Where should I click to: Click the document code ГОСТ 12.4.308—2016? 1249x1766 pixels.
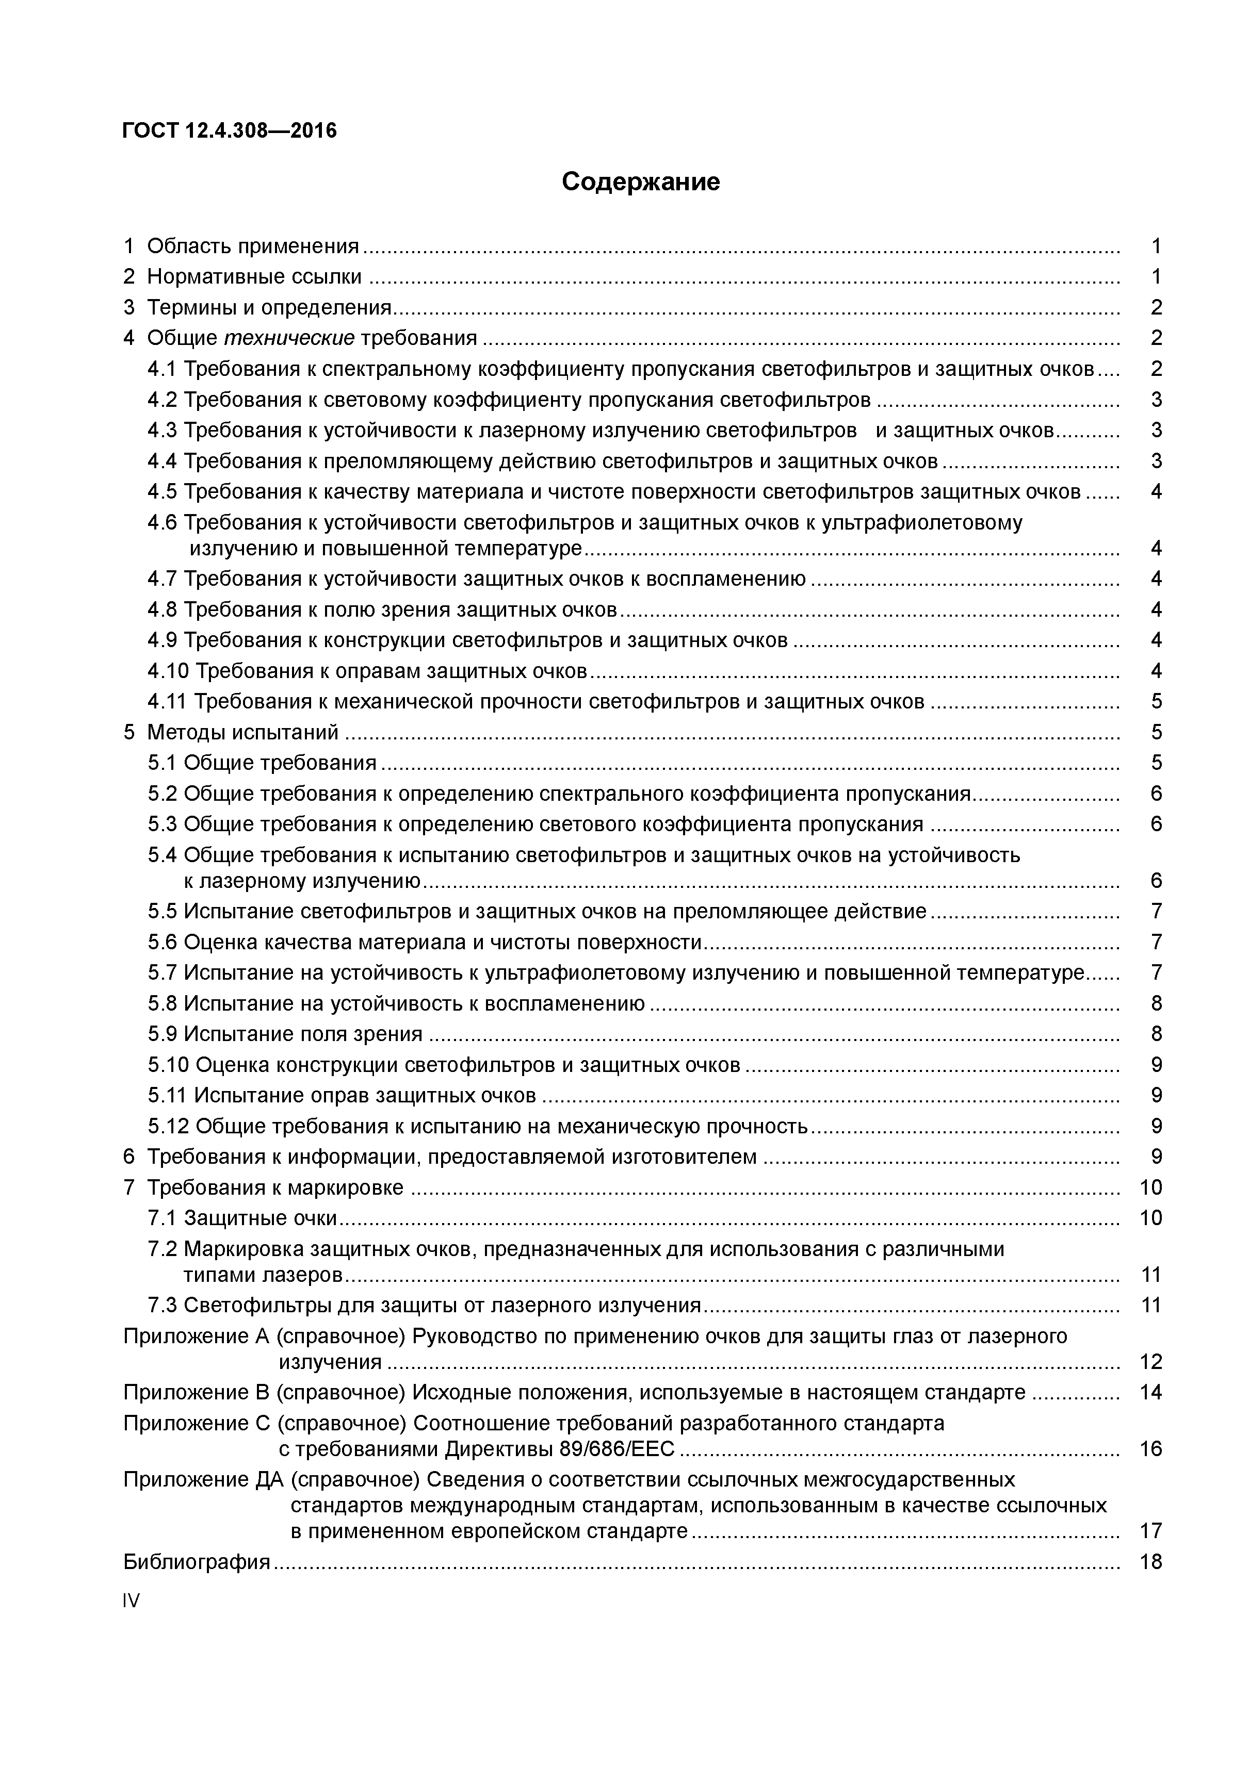230,131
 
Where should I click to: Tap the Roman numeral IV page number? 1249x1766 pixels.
132,1600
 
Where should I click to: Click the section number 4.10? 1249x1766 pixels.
169,671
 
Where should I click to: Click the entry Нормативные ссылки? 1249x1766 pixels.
254,276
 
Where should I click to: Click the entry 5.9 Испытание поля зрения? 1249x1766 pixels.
285,1034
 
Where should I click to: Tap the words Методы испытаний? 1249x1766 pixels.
242,732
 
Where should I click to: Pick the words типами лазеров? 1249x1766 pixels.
263,1275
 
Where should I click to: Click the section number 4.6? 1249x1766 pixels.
163,522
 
